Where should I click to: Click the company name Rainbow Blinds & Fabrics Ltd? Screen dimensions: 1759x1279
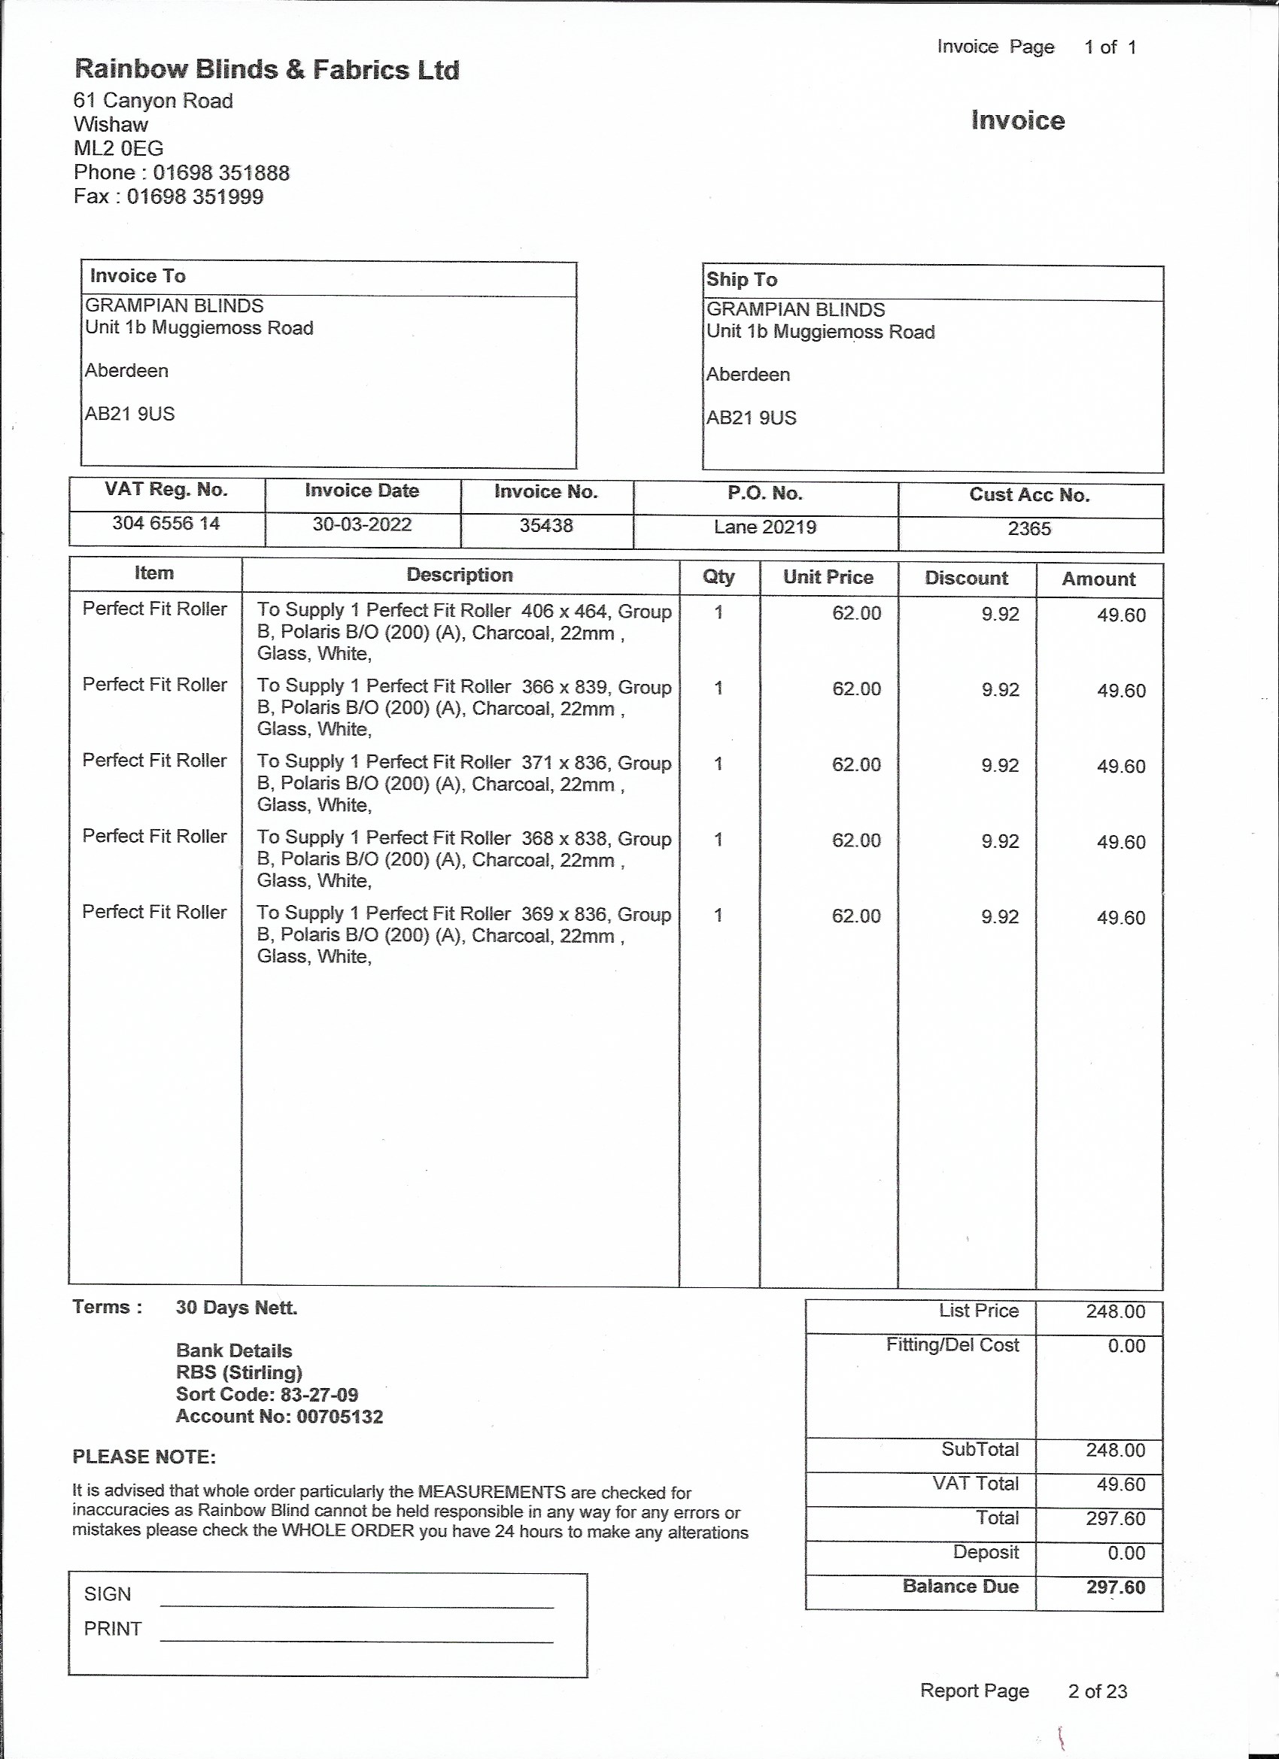pyautogui.click(x=267, y=70)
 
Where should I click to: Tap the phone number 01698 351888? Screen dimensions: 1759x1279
pyautogui.click(x=221, y=172)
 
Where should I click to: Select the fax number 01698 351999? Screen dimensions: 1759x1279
pyautogui.click(x=195, y=196)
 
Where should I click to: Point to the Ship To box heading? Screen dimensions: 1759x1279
pyautogui.click(x=742, y=280)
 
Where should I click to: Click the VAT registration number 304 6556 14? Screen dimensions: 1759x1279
pyautogui.click(x=166, y=524)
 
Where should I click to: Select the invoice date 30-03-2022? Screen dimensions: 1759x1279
pyautogui.click(x=361, y=525)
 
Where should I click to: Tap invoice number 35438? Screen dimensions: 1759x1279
pyautogui.click(x=546, y=526)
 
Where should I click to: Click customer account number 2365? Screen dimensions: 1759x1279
pyautogui.click(x=1029, y=529)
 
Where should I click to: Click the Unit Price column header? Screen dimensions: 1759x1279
pyautogui.click(x=828, y=577)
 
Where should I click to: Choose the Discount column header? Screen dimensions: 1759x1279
pyautogui.click(x=967, y=579)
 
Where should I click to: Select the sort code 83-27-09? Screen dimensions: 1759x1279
pyautogui.click(x=320, y=1394)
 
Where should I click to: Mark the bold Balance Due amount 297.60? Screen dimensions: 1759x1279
pyautogui.click(x=1115, y=1587)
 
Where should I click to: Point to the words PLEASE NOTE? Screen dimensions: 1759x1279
pyautogui.click(x=144, y=1457)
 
